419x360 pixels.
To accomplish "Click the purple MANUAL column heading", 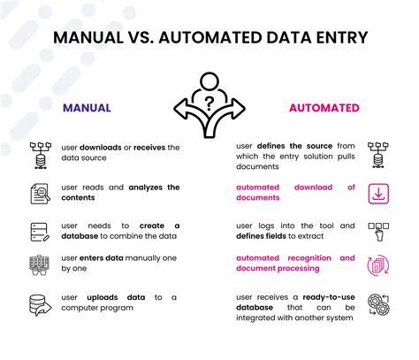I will click(87, 108).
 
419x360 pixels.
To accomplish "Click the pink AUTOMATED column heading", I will click(324, 108).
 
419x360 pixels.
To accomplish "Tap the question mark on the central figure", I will click(209, 101).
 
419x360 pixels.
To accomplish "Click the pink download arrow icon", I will click(377, 192).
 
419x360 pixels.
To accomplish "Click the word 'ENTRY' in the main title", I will click(332, 39).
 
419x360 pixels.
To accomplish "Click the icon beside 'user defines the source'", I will click(377, 152).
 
